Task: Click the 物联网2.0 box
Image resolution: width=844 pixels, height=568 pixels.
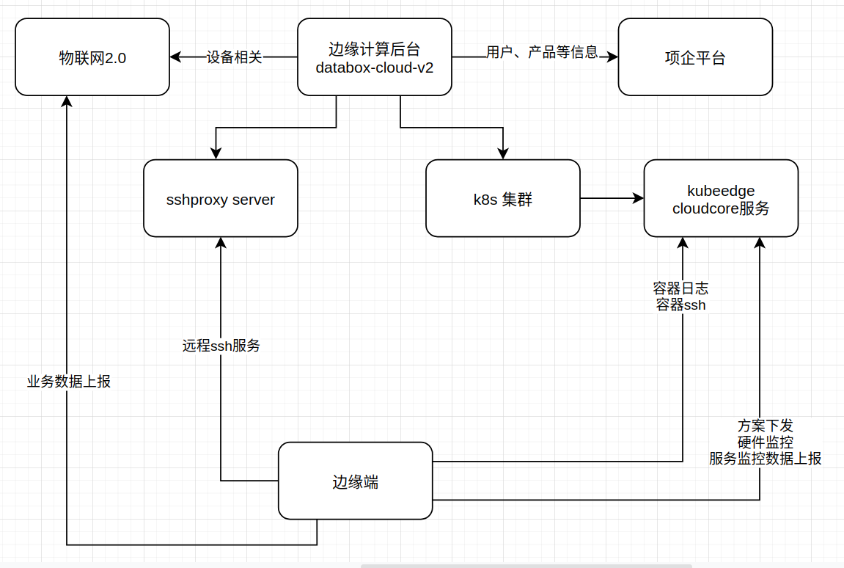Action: pos(92,57)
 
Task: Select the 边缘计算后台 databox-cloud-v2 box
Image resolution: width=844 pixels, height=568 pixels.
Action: pos(374,57)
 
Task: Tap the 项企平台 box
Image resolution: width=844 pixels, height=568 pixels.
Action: pos(695,57)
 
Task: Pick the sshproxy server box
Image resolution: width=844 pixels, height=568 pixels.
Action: pos(221,199)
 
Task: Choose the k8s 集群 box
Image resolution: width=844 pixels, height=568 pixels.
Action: pos(503,199)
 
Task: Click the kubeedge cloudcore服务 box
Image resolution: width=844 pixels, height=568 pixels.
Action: pos(721,199)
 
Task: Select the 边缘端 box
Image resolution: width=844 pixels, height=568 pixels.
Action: pos(355,481)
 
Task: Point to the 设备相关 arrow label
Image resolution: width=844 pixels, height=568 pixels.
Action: pos(234,57)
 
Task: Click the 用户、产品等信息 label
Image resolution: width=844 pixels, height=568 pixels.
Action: pos(542,53)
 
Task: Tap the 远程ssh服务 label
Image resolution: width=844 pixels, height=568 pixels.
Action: pos(221,346)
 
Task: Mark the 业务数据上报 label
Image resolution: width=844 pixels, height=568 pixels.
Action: pos(69,382)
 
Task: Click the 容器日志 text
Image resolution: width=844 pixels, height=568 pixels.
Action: pos(681,288)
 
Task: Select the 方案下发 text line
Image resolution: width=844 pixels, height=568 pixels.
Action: pos(765,426)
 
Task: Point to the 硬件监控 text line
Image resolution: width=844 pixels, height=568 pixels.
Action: pos(765,443)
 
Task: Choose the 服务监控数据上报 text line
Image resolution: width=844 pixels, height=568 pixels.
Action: pos(765,459)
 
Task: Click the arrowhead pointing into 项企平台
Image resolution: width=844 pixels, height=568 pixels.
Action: pos(613,57)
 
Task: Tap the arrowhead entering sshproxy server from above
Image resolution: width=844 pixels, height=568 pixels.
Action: pos(216,153)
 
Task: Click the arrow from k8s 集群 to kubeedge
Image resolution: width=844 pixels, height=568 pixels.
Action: pos(612,198)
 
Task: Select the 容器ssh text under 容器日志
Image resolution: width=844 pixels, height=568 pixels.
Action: pos(681,305)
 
